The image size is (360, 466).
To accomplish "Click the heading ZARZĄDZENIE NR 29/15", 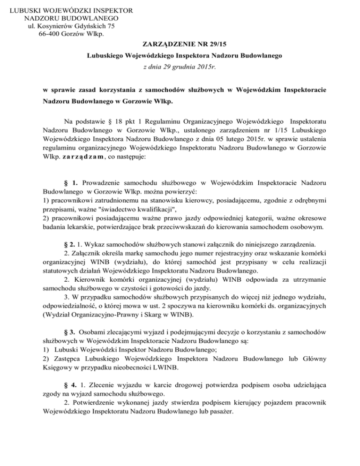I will pyautogui.click(x=180, y=45).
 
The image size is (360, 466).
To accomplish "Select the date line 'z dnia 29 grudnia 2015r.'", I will pyautogui.click(x=180, y=67).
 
